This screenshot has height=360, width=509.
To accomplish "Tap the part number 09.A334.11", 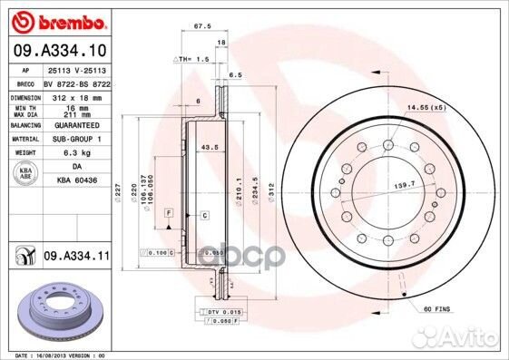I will pyautogui.click(x=73, y=258).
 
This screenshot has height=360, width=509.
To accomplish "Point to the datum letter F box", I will pyautogui.click(x=168, y=212).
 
